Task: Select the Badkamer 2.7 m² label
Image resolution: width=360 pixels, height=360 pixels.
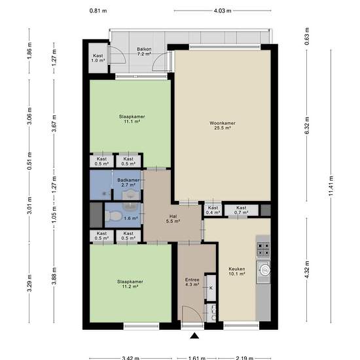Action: [x=128, y=183]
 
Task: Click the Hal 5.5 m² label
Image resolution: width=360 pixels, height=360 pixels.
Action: [x=173, y=219]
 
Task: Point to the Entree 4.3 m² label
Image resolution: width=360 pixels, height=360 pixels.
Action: [x=192, y=282]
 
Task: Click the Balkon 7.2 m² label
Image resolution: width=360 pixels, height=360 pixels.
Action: [x=144, y=52]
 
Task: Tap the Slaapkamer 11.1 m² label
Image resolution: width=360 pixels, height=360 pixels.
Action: [x=132, y=119]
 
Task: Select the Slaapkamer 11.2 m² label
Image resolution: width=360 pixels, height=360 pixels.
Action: [x=130, y=284]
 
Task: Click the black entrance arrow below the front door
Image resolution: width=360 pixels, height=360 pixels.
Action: [x=194, y=336]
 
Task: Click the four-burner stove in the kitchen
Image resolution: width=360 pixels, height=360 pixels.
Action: [x=263, y=249]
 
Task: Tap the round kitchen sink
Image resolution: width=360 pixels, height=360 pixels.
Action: [x=264, y=270]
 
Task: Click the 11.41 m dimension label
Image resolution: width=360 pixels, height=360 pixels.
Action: [x=331, y=186]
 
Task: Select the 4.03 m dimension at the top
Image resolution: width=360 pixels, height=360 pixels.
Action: [x=223, y=10]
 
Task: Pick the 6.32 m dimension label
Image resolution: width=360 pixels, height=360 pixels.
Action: [x=307, y=126]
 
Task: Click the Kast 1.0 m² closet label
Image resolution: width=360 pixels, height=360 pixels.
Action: [x=98, y=58]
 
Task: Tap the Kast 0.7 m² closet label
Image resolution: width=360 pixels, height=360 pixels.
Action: [x=242, y=210]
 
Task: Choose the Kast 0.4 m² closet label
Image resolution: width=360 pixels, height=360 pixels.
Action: [x=213, y=210]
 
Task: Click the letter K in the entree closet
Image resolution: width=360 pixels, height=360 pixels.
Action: [x=211, y=288]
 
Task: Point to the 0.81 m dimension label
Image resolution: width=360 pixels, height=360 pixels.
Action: [x=98, y=10]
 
